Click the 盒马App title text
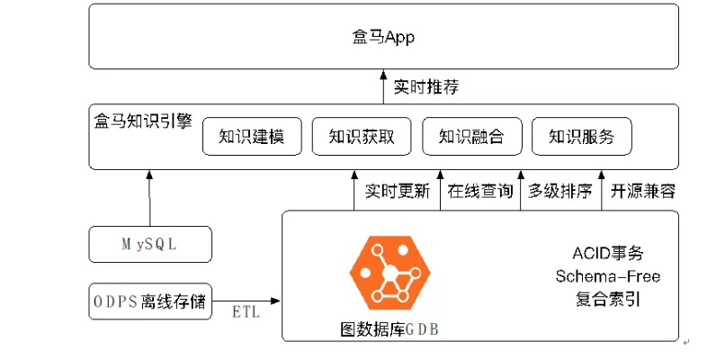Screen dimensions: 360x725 (383, 38)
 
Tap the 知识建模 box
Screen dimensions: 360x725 (251, 137)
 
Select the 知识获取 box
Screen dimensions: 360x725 (361, 137)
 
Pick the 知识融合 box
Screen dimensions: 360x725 (470, 137)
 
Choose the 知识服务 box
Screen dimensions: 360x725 (581, 137)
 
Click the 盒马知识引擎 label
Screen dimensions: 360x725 (142, 120)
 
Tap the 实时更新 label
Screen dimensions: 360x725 (397, 192)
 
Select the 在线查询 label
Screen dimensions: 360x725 (480, 192)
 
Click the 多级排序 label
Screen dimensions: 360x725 (559, 192)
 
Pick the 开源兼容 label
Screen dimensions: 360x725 (643, 192)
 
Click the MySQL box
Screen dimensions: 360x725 (150, 244)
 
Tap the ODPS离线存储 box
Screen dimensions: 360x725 (150, 301)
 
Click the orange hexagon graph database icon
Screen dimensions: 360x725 (388, 272)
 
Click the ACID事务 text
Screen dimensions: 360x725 (607, 253)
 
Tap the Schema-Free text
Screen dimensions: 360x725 (607, 275)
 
